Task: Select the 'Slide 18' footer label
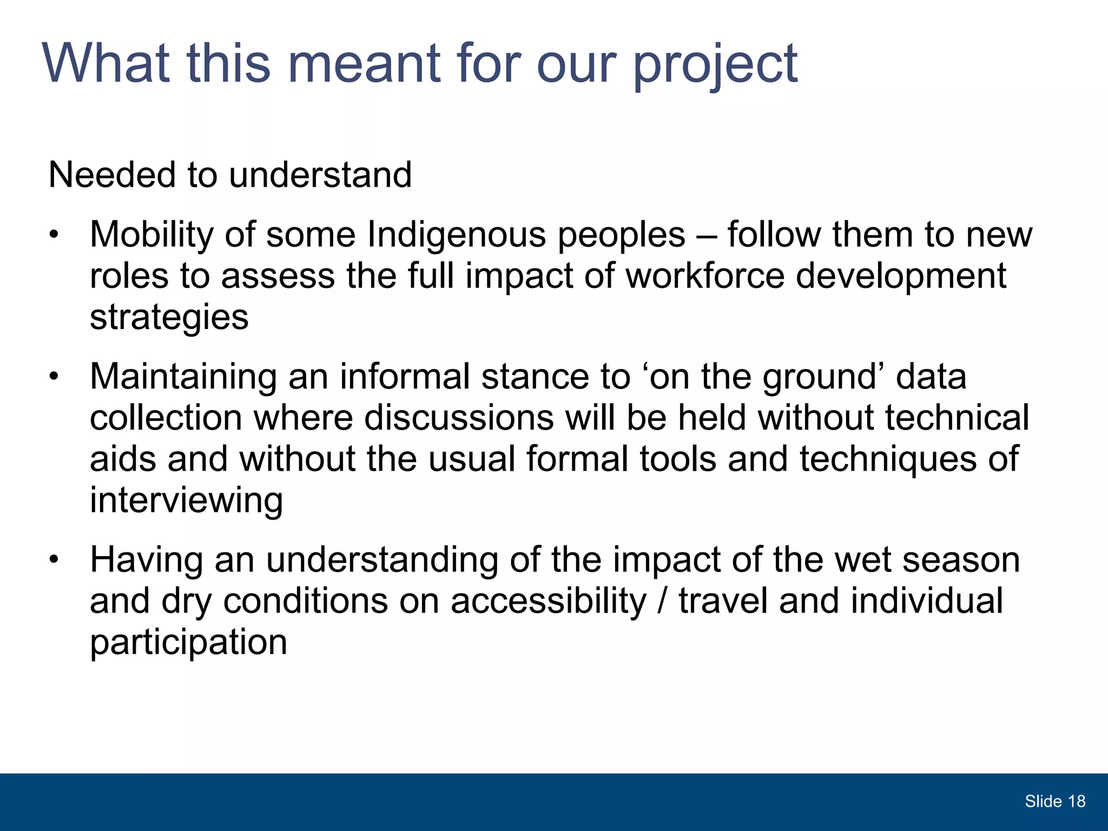[1054, 801]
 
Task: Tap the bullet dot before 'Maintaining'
[53, 377]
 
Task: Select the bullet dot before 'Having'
[53, 560]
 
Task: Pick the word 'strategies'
[169, 318]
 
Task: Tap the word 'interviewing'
[186, 500]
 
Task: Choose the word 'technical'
[957, 418]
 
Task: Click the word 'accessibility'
[548, 601]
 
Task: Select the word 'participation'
[188, 643]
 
